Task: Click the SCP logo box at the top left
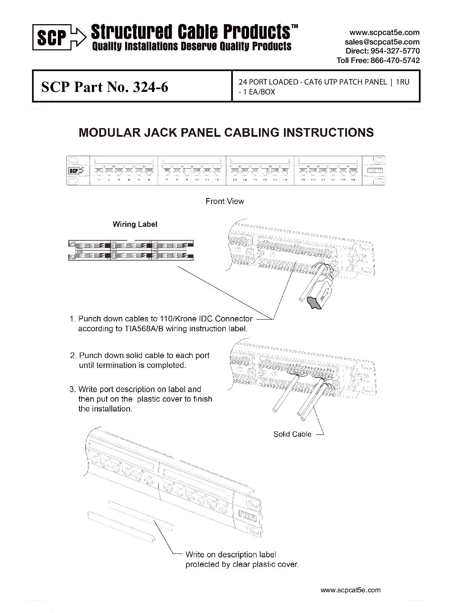point(50,39)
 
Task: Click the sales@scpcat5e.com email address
point(382,42)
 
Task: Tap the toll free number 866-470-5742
point(395,60)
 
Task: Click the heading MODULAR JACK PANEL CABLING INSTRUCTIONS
point(226,132)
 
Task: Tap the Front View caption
point(224,201)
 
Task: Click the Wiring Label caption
point(135,224)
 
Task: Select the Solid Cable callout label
point(292,434)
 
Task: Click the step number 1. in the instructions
point(73,319)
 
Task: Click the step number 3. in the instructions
point(73,389)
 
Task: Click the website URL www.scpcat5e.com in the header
point(384,32)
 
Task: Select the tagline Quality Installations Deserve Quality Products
point(191,46)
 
